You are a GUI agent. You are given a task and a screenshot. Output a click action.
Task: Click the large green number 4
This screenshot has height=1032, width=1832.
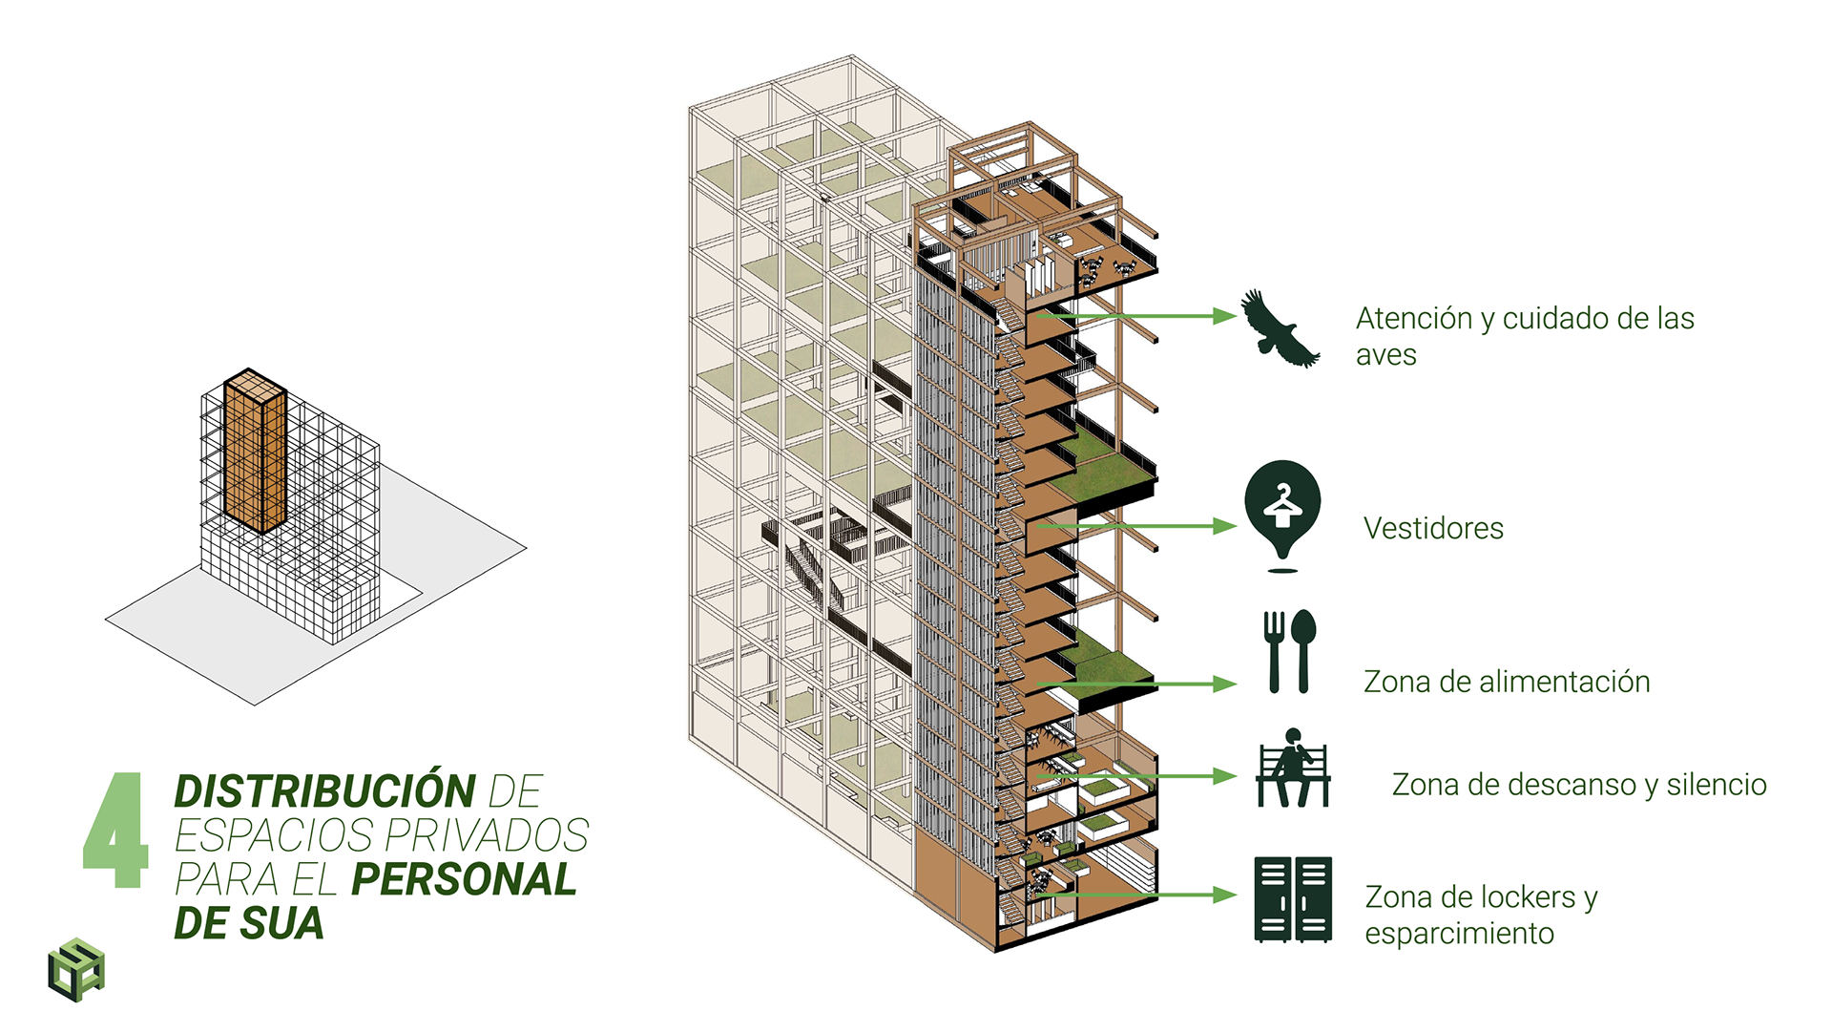point(116,831)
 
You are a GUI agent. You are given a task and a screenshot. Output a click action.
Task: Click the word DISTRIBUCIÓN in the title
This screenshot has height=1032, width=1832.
point(324,792)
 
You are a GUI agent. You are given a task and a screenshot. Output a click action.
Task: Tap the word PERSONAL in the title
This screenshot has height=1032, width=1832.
point(464,879)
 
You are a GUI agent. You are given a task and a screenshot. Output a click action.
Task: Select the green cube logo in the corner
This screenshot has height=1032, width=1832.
point(76,970)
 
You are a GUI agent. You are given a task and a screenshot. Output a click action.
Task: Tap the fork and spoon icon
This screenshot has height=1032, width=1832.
point(1289,651)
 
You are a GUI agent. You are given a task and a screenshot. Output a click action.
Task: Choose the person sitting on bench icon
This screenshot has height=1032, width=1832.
point(1293,769)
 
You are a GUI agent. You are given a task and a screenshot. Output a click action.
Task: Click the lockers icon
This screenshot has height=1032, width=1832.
point(1293,899)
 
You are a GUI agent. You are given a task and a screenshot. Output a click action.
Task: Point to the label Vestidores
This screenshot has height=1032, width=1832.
point(1433,528)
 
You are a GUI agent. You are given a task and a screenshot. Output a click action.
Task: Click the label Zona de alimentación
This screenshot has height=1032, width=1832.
point(1507,682)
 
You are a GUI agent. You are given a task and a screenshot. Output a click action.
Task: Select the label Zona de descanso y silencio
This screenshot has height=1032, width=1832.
point(1579,785)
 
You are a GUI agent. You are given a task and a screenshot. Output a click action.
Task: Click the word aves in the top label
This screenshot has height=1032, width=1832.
point(1385,355)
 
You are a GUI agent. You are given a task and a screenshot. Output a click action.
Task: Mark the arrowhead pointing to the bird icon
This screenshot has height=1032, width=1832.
point(1225,316)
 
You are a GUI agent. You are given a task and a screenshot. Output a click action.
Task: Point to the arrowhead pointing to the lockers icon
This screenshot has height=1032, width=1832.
point(1225,895)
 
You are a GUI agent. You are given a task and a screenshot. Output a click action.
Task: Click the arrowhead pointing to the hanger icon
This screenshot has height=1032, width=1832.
point(1225,526)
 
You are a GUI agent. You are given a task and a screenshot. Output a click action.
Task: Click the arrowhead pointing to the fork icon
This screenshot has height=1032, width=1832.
point(1225,684)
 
